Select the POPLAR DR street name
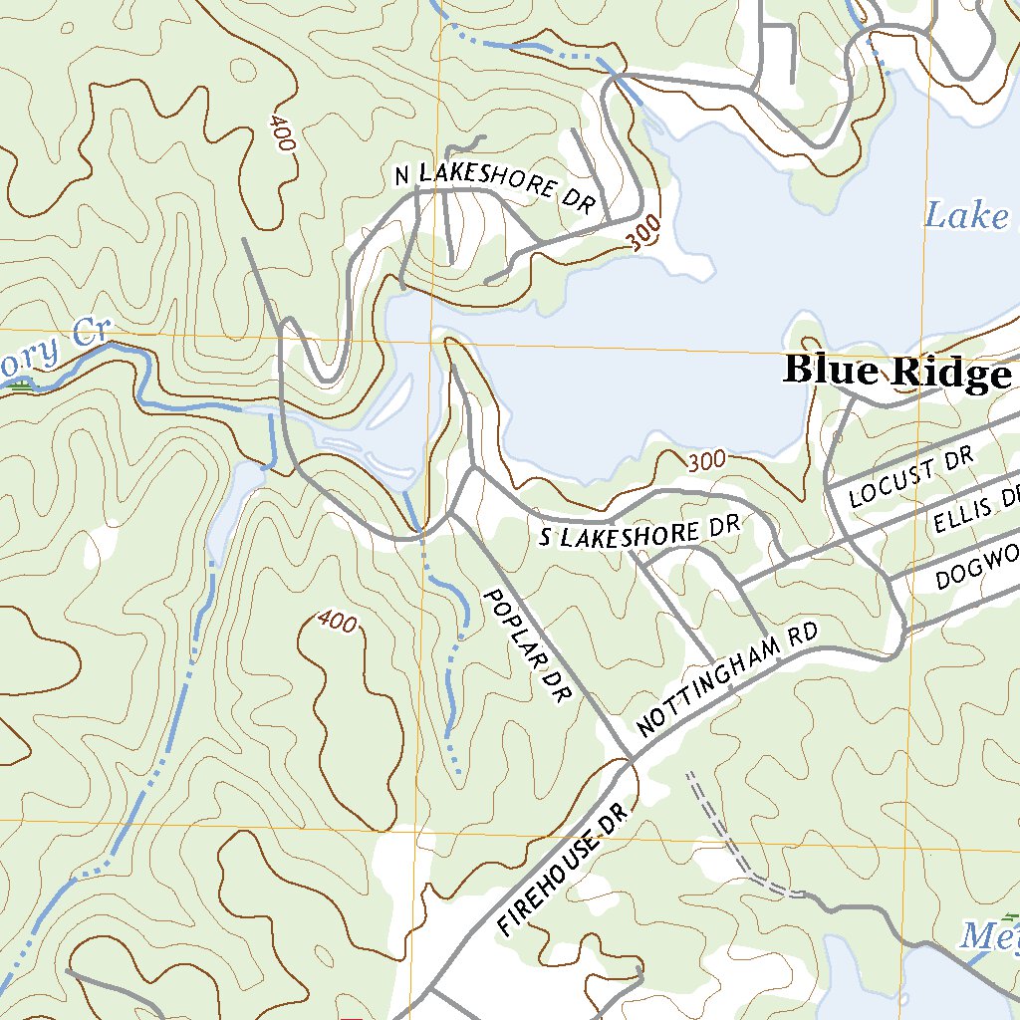click(x=524, y=646)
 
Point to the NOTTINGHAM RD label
click(x=726, y=681)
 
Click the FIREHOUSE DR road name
click(x=563, y=870)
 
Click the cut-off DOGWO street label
click(x=977, y=571)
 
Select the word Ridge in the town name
click(x=950, y=373)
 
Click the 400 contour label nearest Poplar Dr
click(x=338, y=623)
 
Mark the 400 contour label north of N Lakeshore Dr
click(x=282, y=132)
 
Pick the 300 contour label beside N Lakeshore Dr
click(x=645, y=234)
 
